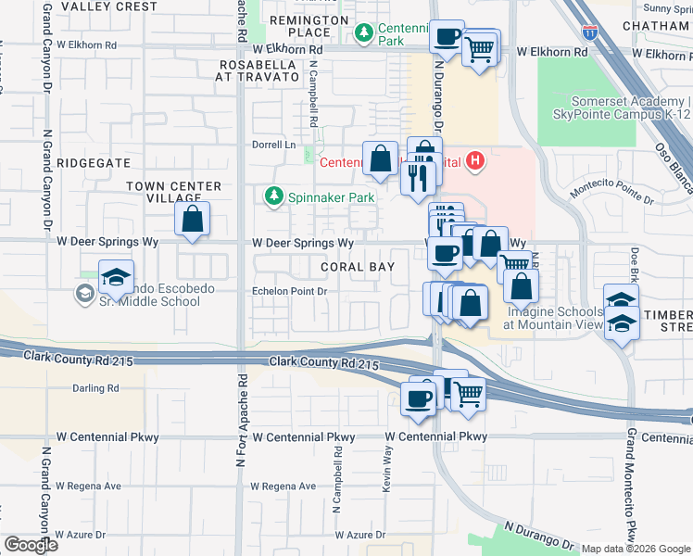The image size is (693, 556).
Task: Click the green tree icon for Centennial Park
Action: pyautogui.click(x=364, y=33)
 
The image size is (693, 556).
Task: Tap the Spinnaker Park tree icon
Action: pyautogui.click(x=273, y=196)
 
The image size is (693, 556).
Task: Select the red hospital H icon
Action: pyautogui.click(x=475, y=162)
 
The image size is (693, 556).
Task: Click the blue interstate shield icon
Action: pyautogui.click(x=589, y=33)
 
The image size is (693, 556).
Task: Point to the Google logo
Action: pyautogui.click(x=31, y=545)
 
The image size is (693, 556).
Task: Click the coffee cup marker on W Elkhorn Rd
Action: pyautogui.click(x=447, y=38)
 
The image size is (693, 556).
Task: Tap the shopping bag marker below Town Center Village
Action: pyautogui.click(x=192, y=220)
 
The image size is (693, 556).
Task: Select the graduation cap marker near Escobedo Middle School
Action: pyautogui.click(x=116, y=277)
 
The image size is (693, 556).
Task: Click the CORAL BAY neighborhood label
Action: pyautogui.click(x=358, y=267)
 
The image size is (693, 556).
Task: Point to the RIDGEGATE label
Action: pyautogui.click(x=94, y=162)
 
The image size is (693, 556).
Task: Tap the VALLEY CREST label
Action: pyautogui.click(x=109, y=6)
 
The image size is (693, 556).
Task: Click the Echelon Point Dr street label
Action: pyautogui.click(x=291, y=291)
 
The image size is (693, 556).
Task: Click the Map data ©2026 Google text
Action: pyautogui.click(x=636, y=549)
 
